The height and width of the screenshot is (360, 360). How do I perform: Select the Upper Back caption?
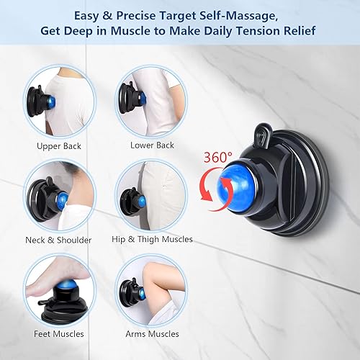coord(59,145)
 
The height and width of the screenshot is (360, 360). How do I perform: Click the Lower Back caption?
coord(152,145)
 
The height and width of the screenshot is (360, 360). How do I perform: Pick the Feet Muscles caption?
coord(60,333)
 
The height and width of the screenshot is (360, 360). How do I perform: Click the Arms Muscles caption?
coord(151,333)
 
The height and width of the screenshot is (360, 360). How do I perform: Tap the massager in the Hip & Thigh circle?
coord(132,198)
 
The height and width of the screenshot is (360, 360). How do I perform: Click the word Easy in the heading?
coord(86,15)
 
